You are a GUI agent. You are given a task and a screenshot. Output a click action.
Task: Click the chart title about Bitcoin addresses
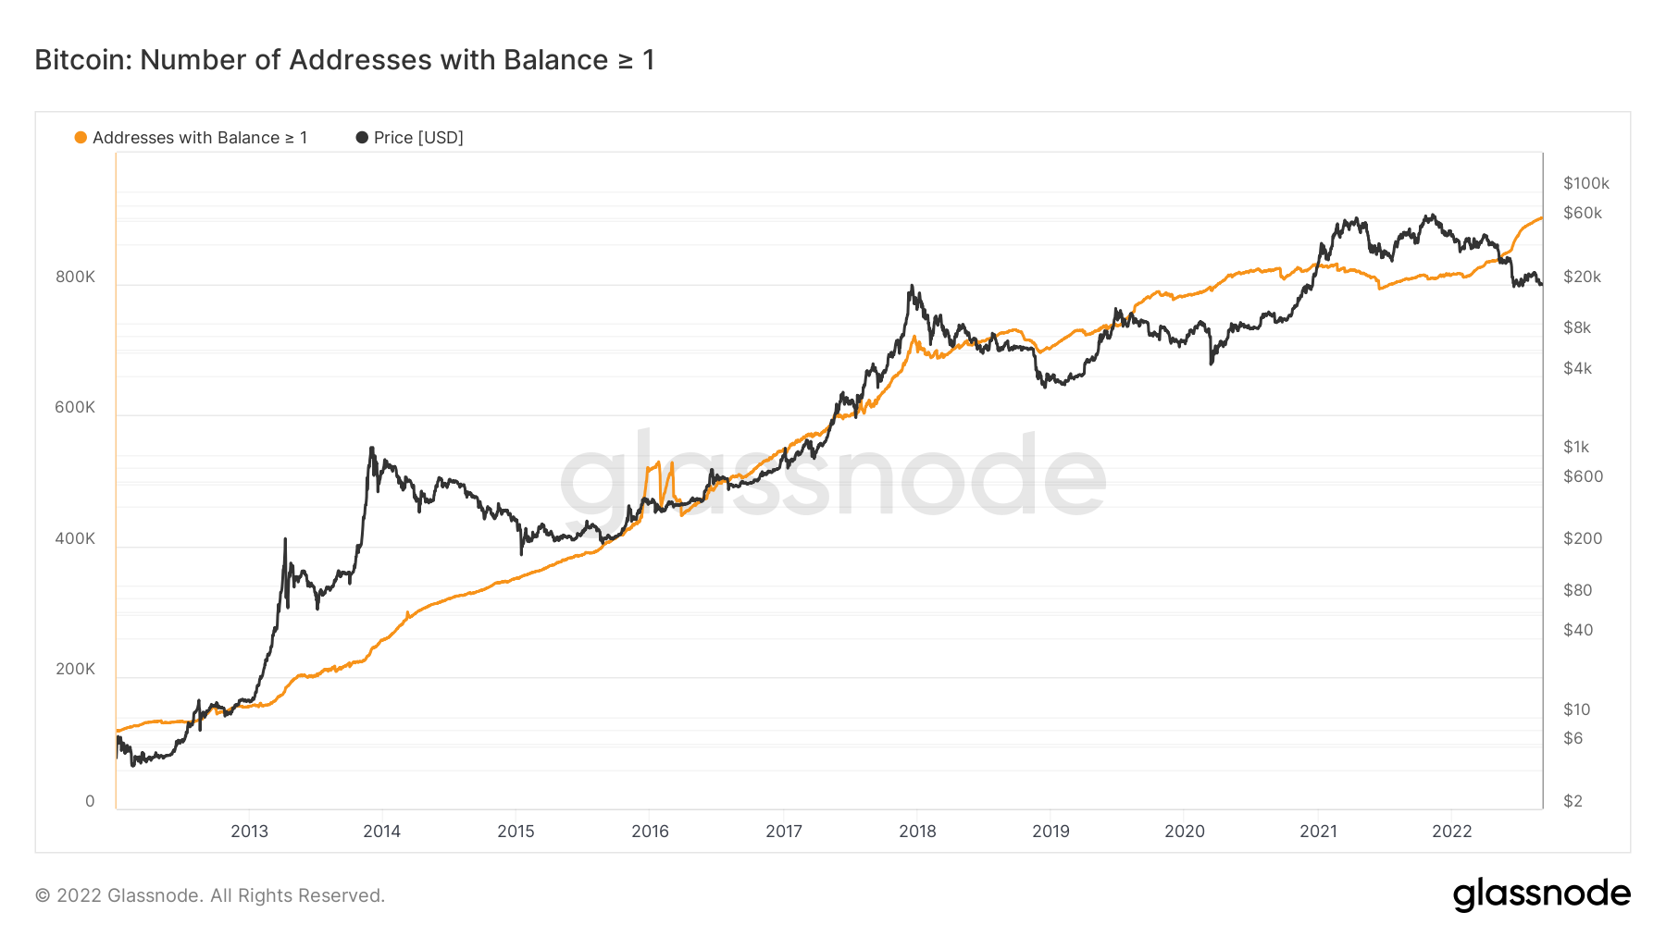(344, 60)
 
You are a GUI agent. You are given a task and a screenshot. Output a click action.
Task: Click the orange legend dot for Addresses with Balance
(81, 138)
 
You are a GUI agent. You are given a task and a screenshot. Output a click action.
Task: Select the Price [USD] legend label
(417, 138)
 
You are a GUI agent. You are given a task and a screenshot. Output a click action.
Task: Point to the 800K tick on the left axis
(75, 277)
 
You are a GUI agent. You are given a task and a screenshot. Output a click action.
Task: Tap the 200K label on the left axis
(75, 669)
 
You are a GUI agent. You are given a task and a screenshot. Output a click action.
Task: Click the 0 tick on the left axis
(90, 801)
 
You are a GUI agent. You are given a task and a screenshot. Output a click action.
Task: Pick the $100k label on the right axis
(1585, 183)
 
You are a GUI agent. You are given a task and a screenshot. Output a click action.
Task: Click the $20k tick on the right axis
(1582, 277)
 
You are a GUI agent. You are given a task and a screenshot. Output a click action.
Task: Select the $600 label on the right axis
(1583, 476)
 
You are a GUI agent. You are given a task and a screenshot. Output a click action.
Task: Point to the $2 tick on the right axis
(1573, 801)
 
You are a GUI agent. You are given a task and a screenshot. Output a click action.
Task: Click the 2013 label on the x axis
(249, 831)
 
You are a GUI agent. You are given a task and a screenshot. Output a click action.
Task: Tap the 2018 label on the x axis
(917, 831)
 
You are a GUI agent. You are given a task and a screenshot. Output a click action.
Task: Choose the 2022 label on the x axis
(1451, 831)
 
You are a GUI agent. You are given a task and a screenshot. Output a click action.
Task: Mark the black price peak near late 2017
(912, 287)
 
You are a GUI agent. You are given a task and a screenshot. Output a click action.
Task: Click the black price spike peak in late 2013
(371, 449)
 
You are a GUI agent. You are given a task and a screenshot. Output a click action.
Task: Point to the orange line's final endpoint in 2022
(1541, 218)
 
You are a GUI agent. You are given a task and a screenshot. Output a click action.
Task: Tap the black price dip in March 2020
(1211, 363)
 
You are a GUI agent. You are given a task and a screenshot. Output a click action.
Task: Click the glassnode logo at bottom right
(1541, 894)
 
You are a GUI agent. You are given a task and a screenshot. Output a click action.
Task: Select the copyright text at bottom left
(210, 895)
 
